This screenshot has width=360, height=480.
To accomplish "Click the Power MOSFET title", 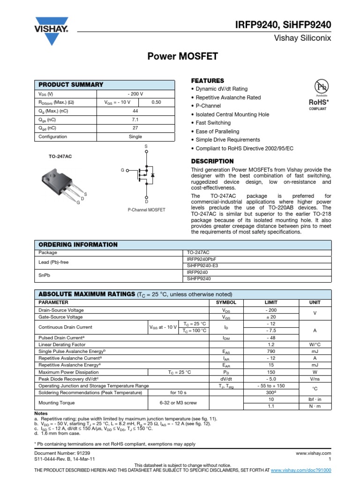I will pyautogui.click(x=183, y=57).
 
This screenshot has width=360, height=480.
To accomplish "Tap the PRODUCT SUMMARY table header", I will pyautogui.click(x=71, y=84).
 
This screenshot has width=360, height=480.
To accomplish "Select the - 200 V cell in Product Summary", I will pyautogui.click(x=135, y=93).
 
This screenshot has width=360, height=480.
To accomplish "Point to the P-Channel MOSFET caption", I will pyautogui.click(x=146, y=210).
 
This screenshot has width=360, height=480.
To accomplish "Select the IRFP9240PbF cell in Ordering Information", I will pyautogui.click(x=202, y=259).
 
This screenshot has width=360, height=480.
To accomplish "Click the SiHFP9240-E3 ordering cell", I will pyautogui.click(x=202, y=265).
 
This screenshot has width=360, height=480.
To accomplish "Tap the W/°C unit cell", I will pyautogui.click(x=314, y=344).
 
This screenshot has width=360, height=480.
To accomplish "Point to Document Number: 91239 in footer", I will pyautogui.click(x=61, y=453).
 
